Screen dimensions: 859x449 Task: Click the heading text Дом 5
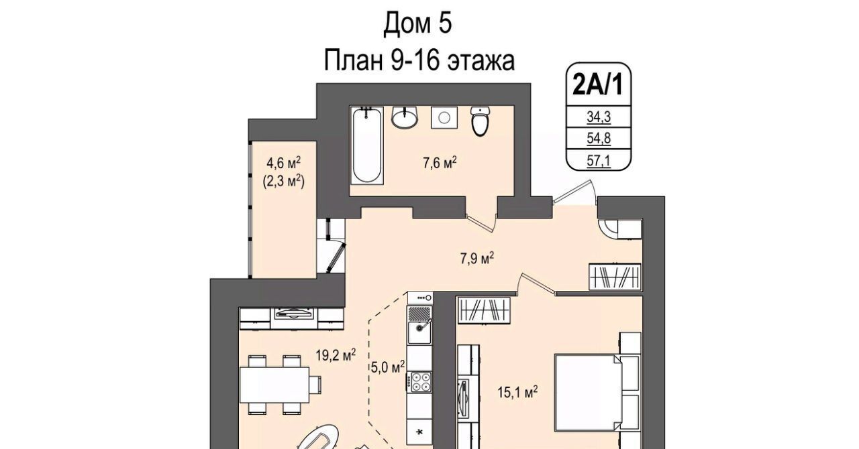coord(417,23)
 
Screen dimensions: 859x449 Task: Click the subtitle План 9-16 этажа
coord(419,60)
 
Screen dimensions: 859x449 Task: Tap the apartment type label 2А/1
coord(598,84)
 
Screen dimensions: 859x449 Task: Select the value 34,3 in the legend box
coord(599,117)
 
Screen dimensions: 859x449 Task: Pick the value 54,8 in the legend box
coord(599,138)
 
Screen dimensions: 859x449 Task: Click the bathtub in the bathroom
coord(367,145)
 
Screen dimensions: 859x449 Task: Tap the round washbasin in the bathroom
coord(405,117)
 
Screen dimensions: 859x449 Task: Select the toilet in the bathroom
coord(481,121)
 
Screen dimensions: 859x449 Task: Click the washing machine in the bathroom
coord(444,117)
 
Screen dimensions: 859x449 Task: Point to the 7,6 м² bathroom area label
coord(440,163)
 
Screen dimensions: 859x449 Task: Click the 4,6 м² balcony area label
coord(283,163)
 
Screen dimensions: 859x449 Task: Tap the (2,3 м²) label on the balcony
coord(283,181)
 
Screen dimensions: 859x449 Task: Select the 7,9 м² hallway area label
coord(477,259)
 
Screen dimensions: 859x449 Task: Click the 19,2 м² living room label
coord(336,355)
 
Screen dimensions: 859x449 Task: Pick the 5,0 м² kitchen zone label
coord(388,367)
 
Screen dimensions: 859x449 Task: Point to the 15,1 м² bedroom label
coord(517,392)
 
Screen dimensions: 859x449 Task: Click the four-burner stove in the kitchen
coord(421,382)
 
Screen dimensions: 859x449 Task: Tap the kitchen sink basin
coord(419,332)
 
